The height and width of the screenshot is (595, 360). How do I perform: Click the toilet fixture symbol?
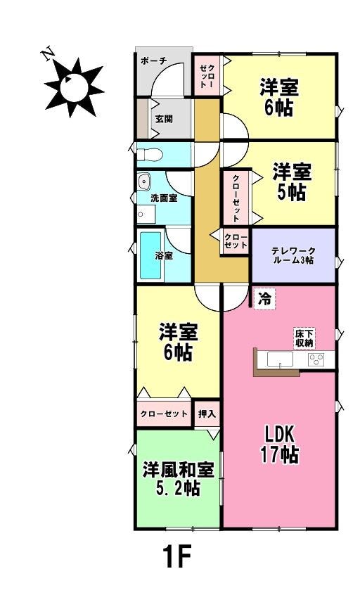[150, 155]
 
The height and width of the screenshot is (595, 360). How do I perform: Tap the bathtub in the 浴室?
[150, 255]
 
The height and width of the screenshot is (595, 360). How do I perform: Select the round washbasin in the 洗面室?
[144, 181]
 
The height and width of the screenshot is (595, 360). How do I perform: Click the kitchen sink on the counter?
[280, 359]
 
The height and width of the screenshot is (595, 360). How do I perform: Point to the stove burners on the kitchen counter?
[316, 359]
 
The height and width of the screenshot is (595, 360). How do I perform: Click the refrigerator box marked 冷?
[264, 299]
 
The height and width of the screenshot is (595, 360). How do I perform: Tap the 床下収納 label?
[304, 338]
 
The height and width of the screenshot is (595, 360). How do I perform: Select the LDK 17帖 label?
[280, 444]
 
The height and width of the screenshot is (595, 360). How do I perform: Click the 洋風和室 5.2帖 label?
[178, 479]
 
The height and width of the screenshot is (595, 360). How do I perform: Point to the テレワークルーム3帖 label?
[293, 256]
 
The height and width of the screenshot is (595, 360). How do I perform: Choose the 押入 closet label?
[207, 414]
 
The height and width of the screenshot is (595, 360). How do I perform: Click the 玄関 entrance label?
[164, 119]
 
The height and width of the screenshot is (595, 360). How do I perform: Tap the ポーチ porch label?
[153, 60]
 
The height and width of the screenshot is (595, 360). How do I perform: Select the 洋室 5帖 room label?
[291, 181]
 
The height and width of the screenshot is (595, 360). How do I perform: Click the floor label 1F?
[176, 557]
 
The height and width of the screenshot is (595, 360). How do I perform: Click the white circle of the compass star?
[74, 87]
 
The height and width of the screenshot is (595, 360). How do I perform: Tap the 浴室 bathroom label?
[164, 255]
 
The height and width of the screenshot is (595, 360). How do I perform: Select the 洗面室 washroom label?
[164, 198]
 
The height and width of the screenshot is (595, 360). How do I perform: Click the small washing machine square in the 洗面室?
[146, 215]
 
